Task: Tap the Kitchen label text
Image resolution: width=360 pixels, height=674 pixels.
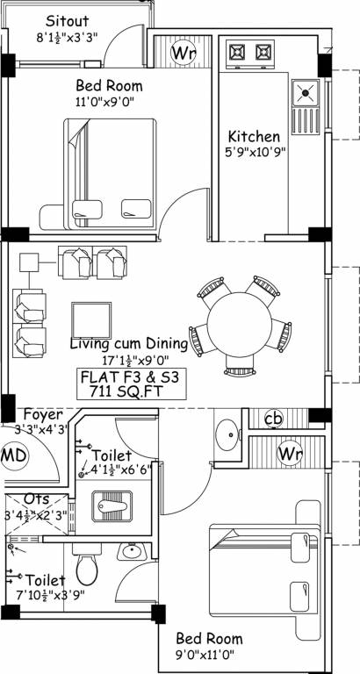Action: point(254,137)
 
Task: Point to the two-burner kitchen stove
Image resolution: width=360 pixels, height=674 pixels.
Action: point(252,54)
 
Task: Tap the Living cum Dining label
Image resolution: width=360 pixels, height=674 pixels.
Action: point(129,343)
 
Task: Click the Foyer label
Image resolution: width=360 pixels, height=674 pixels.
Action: point(41,414)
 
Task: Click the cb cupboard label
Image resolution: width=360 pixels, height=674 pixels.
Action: point(272,418)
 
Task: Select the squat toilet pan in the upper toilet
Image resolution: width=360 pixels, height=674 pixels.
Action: point(112,506)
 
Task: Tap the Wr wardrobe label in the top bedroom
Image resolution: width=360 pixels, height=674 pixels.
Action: point(183,54)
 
